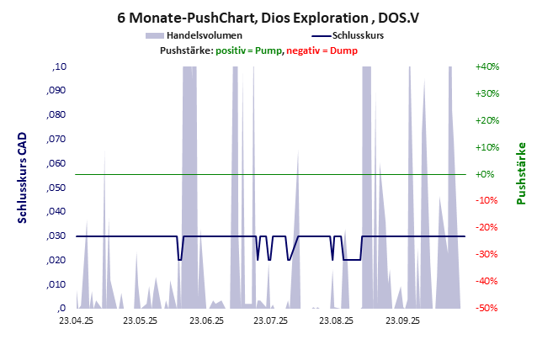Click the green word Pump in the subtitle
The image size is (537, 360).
tap(268, 50)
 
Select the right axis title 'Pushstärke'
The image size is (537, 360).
tap(521, 173)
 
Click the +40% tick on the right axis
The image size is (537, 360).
tap(487, 66)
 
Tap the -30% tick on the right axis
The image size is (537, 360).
tap(487, 255)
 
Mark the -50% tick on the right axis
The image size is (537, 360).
tap(487, 309)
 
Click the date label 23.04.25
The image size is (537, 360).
tap(77, 320)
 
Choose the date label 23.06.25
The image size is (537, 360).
tap(206, 320)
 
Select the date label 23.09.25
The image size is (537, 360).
tap(403, 320)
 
